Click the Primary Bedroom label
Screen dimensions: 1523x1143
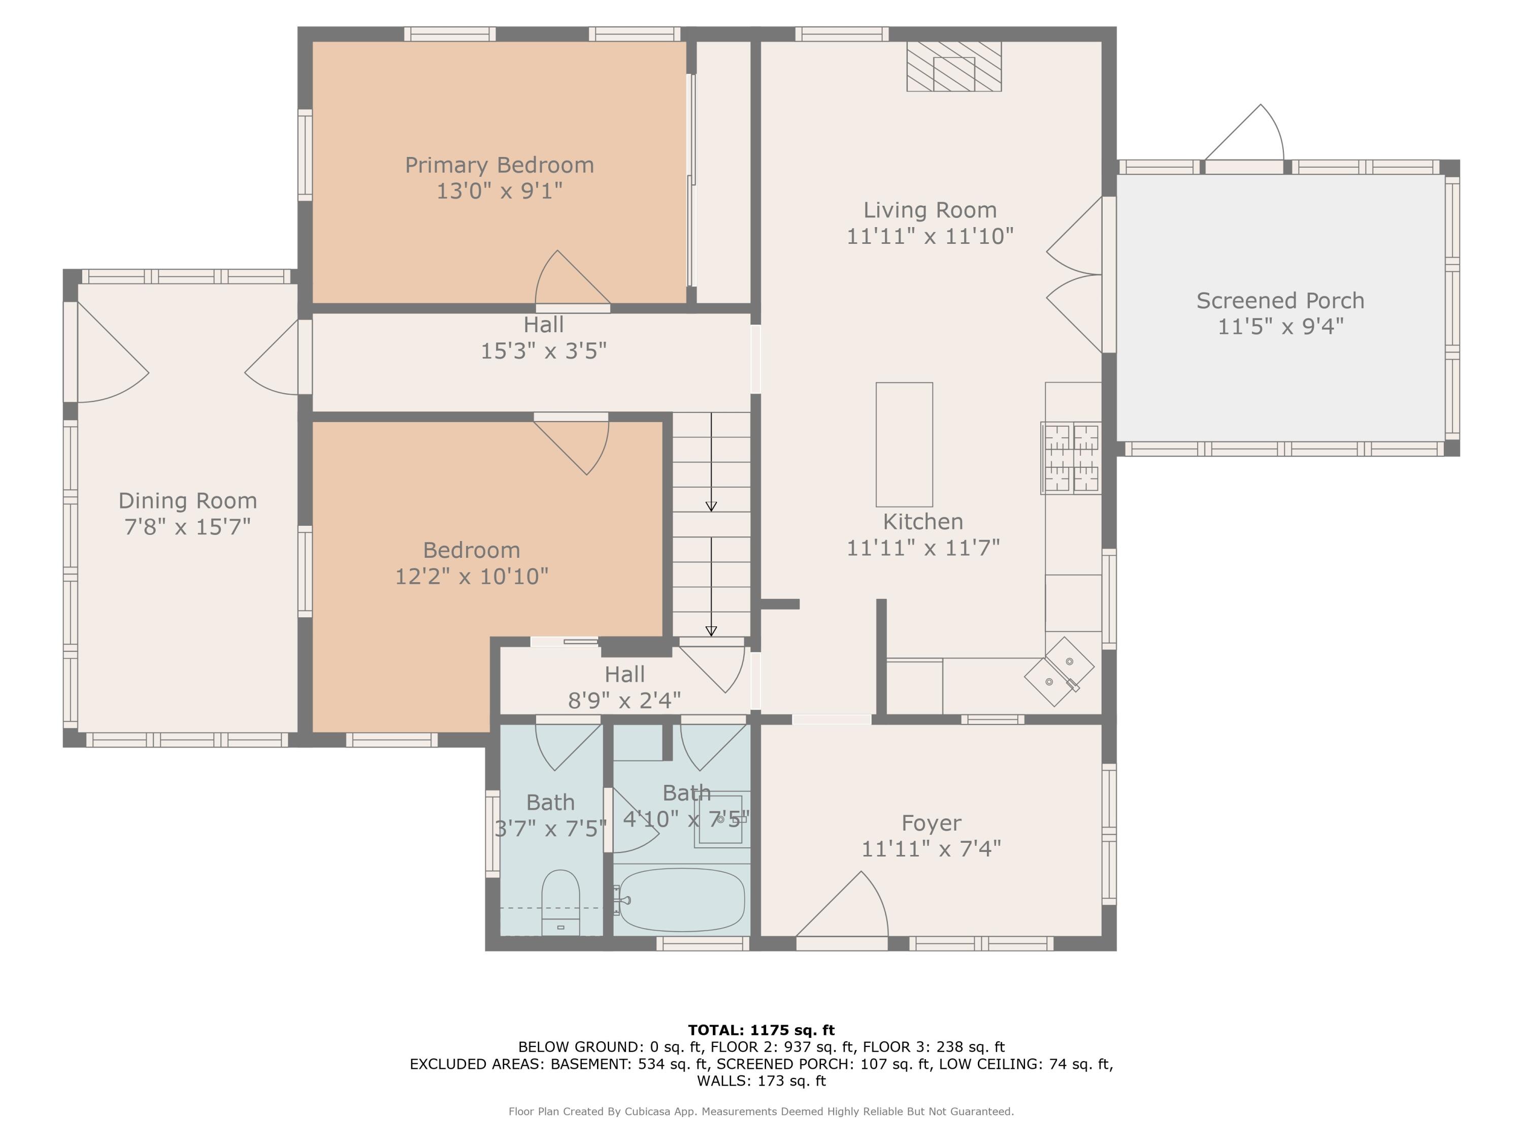point(499,165)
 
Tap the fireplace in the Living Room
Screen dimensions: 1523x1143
point(953,66)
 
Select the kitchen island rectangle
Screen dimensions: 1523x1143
point(904,444)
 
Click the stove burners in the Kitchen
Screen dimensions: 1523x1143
point(1071,458)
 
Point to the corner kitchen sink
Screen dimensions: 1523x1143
point(1059,672)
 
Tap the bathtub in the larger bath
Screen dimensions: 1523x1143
point(682,900)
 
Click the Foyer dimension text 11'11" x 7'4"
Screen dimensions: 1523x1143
point(931,849)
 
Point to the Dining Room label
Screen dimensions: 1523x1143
point(188,501)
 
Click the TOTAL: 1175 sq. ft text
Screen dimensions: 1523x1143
point(761,1030)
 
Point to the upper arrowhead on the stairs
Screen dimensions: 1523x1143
point(711,506)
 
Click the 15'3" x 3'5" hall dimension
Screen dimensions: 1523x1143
point(543,352)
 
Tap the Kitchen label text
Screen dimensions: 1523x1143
point(922,522)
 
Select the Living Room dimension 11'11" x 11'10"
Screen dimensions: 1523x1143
point(930,236)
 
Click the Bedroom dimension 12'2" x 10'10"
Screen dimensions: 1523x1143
point(472,576)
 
